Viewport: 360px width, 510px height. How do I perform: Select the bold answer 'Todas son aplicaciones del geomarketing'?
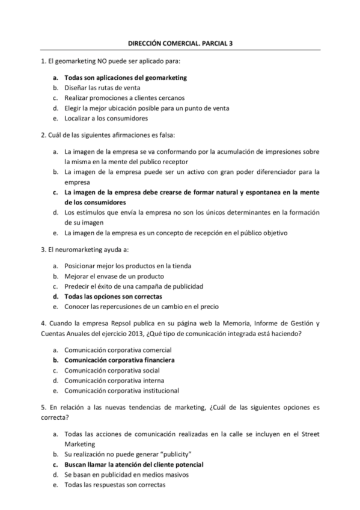coord(126,78)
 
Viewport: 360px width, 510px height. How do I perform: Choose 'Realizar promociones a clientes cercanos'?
coord(124,98)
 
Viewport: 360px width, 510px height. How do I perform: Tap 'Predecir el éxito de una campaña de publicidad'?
coord(134,286)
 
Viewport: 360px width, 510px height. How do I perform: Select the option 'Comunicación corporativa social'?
coord(112,370)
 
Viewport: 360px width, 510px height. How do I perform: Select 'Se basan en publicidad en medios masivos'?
coord(127,475)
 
